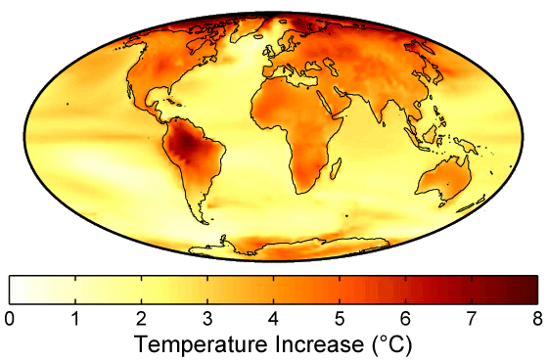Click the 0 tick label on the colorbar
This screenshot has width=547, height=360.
(x=9, y=318)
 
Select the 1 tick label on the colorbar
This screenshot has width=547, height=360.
(x=75, y=318)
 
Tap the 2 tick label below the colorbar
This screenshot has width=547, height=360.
(x=141, y=318)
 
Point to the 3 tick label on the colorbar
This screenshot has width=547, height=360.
(x=207, y=318)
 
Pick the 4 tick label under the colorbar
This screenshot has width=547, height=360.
(x=273, y=318)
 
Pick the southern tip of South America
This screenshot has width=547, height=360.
(x=204, y=220)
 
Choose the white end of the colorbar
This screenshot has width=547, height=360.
(x=15, y=289)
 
